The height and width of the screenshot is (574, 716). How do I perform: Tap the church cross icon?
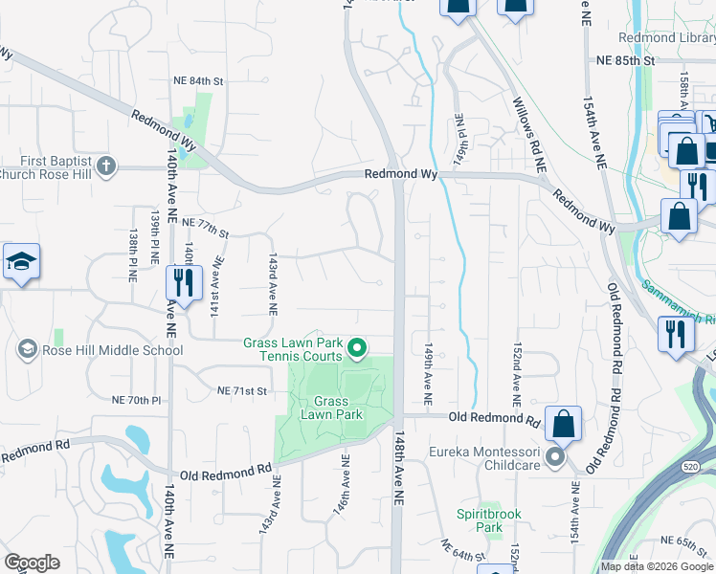(105, 166)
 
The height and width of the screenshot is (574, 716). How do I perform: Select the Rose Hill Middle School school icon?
(28, 350)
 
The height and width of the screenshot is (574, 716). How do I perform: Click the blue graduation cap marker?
(19, 263)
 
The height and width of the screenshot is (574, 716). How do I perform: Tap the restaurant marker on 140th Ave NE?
(180, 282)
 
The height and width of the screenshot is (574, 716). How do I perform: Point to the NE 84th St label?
(197, 81)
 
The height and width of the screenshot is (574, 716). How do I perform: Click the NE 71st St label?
(240, 391)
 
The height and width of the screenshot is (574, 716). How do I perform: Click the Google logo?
(32, 562)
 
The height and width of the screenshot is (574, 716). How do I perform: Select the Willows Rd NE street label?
(527, 134)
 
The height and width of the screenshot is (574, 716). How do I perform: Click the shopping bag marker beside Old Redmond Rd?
(564, 424)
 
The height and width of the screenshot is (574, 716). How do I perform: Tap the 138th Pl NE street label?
(133, 255)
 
